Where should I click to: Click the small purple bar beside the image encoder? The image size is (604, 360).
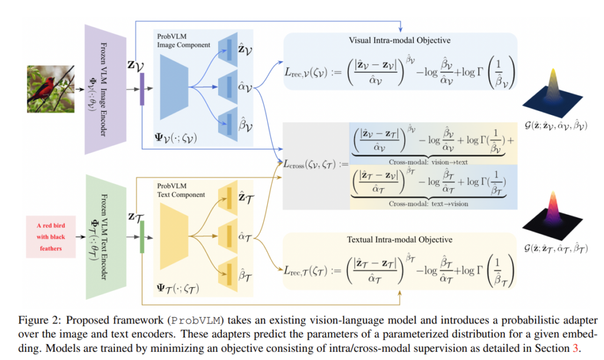(142, 93)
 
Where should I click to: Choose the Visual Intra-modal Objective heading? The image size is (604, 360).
(400, 41)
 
